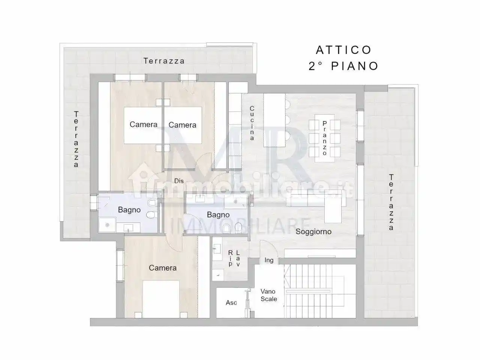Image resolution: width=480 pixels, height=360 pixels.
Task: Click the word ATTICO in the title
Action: tap(343, 50)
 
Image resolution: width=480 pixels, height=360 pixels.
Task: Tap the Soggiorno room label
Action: tap(313, 231)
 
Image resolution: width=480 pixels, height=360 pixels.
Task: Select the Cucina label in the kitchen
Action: tap(252, 123)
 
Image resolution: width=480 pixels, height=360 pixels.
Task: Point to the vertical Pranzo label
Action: tap(324, 138)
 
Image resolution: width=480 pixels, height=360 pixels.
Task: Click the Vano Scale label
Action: tap(269, 295)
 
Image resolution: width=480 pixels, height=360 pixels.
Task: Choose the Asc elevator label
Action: tap(231, 303)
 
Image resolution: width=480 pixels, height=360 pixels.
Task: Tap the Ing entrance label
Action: tap(269, 260)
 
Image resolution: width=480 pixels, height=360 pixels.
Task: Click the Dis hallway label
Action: tap(179, 181)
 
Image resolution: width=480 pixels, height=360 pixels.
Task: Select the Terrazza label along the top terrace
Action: tap(164, 61)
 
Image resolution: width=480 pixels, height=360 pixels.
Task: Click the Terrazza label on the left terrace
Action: tap(76, 139)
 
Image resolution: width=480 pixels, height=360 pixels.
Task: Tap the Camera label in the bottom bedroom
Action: tap(162, 268)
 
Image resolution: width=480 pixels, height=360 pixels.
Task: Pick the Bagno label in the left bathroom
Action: tap(129, 210)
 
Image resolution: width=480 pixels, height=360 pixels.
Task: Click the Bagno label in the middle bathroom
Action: tap(218, 215)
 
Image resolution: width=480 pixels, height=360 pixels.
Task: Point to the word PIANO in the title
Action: tap(355, 66)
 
